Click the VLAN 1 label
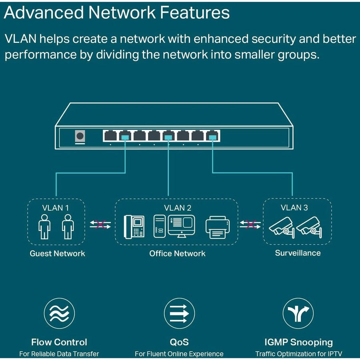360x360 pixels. (x=56, y=208)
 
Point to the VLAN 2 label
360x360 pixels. (x=177, y=208)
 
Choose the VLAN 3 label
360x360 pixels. (x=294, y=207)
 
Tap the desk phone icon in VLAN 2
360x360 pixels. (x=134, y=226)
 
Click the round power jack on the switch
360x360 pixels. (x=80, y=136)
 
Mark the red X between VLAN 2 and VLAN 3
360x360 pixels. (x=250, y=224)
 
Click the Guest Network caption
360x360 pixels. (x=57, y=253)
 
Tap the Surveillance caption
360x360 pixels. (x=298, y=253)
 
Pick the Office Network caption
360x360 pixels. (x=177, y=253)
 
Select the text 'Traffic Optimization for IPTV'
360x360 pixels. (x=299, y=354)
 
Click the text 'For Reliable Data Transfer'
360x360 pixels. (x=59, y=354)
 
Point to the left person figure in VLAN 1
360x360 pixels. (x=44, y=226)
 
